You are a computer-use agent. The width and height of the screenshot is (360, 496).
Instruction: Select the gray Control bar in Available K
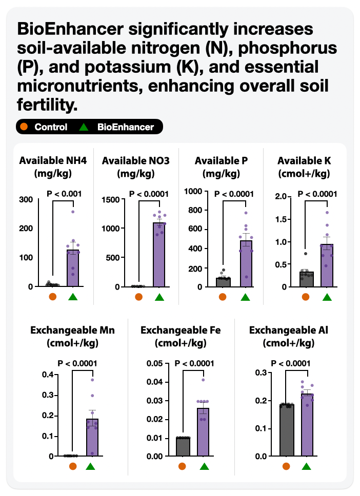pyautogui.click(x=306, y=279)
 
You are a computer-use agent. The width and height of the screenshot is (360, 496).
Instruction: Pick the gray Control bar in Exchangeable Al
pyautogui.click(x=286, y=430)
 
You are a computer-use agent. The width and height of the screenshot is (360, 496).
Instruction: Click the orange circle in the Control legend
pyautogui.click(x=24, y=127)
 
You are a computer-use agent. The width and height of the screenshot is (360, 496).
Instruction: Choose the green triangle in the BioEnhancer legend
pyautogui.click(x=86, y=127)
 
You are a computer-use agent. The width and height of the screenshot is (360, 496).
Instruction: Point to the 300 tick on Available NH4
pyautogui.click(x=26, y=199)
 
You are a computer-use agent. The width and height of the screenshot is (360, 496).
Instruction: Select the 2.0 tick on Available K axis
pyautogui.click(x=280, y=197)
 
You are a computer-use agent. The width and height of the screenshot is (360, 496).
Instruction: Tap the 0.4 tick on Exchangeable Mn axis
pyautogui.click(x=48, y=375)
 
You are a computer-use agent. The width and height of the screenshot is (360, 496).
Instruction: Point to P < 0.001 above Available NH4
pyautogui.click(x=64, y=194)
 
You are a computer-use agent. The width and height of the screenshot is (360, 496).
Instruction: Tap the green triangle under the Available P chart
pyautogui.click(x=245, y=297)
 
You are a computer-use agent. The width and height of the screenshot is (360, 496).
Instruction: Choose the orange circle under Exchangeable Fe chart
pyautogui.click(x=182, y=466)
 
